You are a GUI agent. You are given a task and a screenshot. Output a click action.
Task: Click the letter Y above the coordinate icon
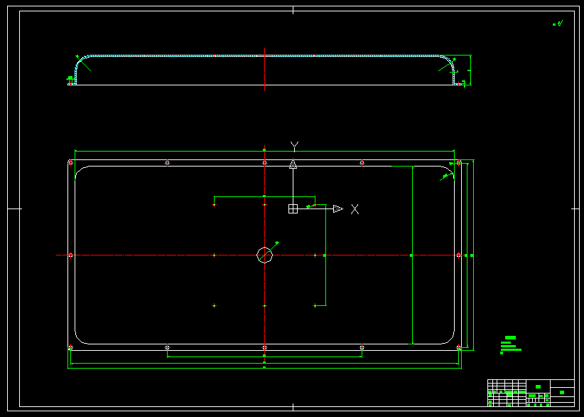pos(294,145)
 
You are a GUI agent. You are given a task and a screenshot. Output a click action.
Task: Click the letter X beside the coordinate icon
pos(355,208)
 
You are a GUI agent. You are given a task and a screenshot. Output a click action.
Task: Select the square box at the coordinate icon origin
pos(292,208)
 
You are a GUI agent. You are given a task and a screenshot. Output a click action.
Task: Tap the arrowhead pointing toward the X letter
pos(338,208)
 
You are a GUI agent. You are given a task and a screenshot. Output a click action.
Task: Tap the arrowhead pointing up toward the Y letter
pos(292,164)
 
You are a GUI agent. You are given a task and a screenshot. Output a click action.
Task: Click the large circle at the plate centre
pos(264,255)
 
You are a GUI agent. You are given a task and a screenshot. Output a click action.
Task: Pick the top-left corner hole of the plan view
pos(70,163)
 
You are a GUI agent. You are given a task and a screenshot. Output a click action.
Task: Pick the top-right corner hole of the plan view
pos(459,163)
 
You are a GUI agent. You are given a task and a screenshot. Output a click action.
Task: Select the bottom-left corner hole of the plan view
pos(70,347)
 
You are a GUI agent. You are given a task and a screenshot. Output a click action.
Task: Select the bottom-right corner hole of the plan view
pos(459,347)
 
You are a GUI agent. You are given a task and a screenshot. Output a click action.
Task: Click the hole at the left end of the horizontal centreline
pos(70,255)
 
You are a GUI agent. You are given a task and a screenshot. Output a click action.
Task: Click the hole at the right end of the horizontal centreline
pos(459,255)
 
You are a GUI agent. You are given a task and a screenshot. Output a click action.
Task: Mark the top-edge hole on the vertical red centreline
pos(264,163)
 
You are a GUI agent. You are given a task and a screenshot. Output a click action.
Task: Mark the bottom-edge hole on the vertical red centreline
pos(264,347)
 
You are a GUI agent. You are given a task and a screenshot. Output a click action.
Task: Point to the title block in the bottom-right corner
pos(531,392)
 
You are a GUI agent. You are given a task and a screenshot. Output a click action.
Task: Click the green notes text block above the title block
pos(510,344)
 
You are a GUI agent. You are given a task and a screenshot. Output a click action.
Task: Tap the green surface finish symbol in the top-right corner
pos(558,23)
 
